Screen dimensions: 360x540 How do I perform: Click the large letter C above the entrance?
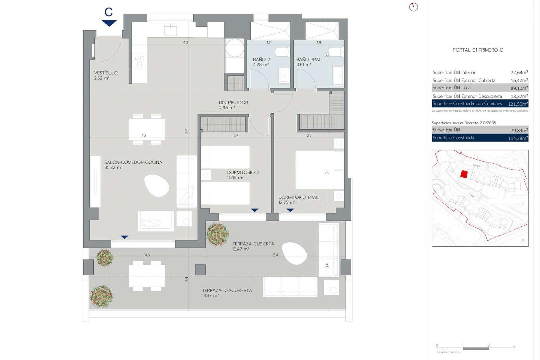point(109,12)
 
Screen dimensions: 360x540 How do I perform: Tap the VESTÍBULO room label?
point(106,73)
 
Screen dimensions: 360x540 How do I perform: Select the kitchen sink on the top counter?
point(170,30)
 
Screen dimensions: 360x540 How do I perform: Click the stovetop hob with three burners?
point(139,61)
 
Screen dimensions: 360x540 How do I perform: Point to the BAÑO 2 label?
point(261,60)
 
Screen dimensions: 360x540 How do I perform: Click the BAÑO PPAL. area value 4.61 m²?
point(303,65)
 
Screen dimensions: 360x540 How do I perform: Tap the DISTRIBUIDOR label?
point(233,103)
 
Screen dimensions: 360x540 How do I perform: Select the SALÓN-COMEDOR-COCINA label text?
point(133,162)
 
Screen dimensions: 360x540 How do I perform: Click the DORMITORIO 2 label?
point(243,172)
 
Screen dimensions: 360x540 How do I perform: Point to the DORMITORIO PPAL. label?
point(299,197)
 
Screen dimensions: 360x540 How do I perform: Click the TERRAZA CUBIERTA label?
point(253,244)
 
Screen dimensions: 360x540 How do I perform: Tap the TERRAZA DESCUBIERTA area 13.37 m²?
point(210,296)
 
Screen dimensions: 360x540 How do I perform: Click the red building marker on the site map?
point(464,174)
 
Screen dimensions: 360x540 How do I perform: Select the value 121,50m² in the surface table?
point(518,104)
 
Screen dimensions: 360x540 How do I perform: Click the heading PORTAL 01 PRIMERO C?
point(478,50)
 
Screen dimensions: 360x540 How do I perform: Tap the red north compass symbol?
point(413,7)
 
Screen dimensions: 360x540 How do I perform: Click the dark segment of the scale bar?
point(476,349)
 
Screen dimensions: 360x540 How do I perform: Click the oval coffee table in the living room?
point(157,186)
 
